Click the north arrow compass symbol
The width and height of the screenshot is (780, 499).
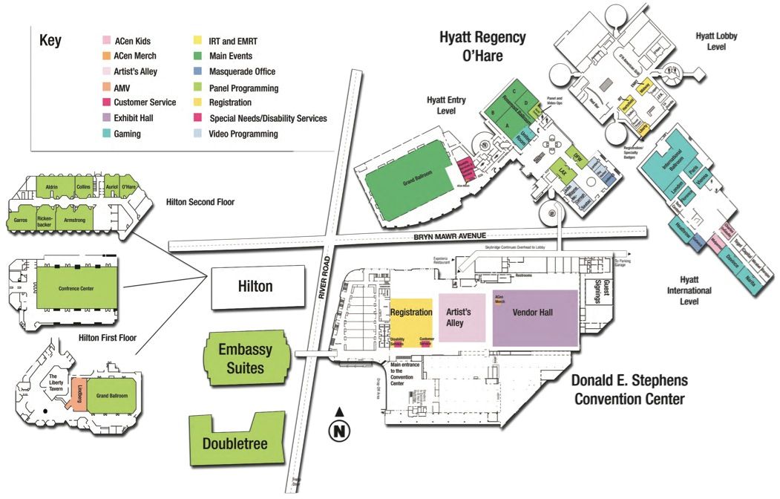pos(338,428)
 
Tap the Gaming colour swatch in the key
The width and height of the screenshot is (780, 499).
pos(107,134)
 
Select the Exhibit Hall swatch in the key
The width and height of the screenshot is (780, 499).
pos(107,118)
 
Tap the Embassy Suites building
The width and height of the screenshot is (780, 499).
pos(244,358)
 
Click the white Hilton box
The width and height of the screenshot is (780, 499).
pos(257,287)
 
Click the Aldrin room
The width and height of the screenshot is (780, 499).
pos(51,186)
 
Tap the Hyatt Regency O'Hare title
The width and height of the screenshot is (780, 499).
pos(482,46)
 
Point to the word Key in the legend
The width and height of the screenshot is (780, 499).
pos(50,42)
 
